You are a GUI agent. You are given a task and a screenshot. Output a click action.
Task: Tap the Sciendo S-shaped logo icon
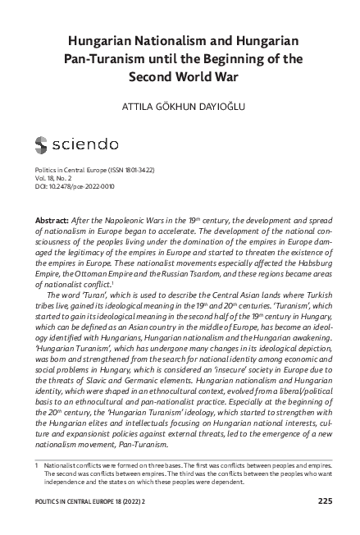point(43,146)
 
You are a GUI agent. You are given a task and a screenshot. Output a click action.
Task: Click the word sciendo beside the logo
point(95,146)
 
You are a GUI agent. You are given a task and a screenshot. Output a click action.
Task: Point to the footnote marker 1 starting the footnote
point(37,464)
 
